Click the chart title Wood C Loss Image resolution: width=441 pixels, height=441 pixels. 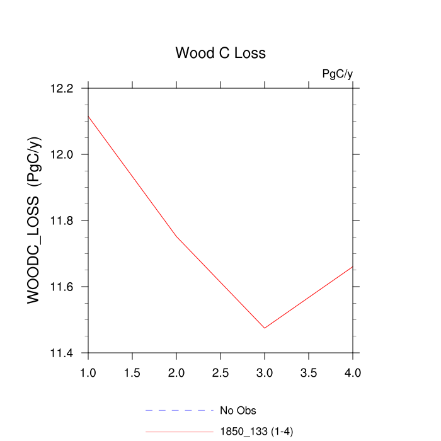[x=220, y=53]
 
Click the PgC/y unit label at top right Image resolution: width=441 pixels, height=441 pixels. [x=337, y=74]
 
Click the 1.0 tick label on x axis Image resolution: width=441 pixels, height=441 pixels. [x=88, y=373]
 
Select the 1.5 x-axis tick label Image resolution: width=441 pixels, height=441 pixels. [x=132, y=373]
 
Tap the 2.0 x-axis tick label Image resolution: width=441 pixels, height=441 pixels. [x=176, y=373]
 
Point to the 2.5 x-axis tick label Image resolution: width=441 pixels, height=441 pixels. [x=220, y=373]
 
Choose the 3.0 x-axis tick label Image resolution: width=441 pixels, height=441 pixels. [x=265, y=373]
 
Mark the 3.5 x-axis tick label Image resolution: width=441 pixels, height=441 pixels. [x=309, y=373]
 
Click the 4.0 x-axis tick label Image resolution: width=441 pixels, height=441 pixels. [x=353, y=373]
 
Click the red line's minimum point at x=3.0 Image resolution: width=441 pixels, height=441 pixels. [x=265, y=328]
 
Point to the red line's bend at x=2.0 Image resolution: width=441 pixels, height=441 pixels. [x=176, y=236]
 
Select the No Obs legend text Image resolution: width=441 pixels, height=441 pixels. [x=238, y=411]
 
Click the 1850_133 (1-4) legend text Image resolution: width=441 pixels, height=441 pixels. [x=256, y=432]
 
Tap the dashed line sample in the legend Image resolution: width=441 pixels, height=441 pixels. [x=180, y=411]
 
